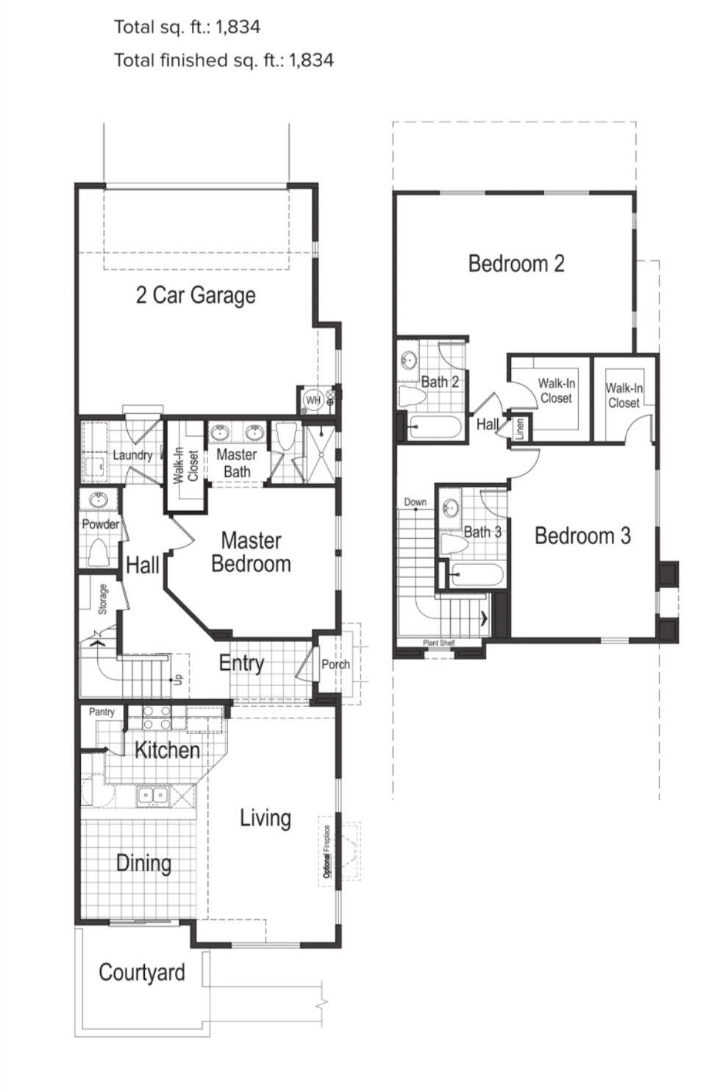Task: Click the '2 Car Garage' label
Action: click(x=196, y=295)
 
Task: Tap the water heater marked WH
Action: click(x=313, y=400)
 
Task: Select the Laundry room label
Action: click(x=132, y=455)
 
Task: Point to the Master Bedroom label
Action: click(x=251, y=552)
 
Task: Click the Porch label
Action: click(x=335, y=664)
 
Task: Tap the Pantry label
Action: click(x=101, y=712)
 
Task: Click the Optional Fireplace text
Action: click(x=327, y=851)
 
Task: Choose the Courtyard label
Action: click(x=142, y=972)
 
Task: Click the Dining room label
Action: click(x=143, y=863)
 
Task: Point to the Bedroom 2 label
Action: click(x=516, y=263)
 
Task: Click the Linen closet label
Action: click(x=520, y=428)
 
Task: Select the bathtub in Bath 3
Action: click(x=477, y=573)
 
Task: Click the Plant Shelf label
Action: click(x=438, y=643)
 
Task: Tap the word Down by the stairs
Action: click(x=415, y=502)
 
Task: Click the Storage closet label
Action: click(x=103, y=599)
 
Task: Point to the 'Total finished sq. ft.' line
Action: click(x=224, y=60)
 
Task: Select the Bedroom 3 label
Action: click(x=582, y=535)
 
